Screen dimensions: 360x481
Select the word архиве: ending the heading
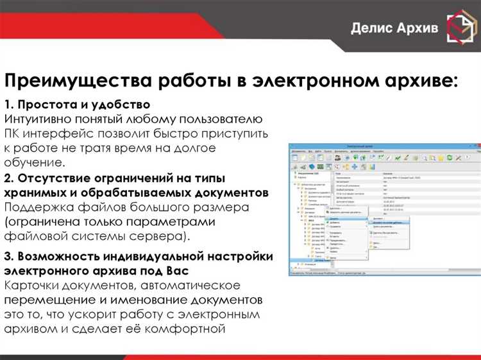418,81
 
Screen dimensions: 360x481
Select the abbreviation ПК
13,133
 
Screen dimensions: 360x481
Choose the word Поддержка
39,207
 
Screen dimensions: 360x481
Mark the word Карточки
35,286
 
